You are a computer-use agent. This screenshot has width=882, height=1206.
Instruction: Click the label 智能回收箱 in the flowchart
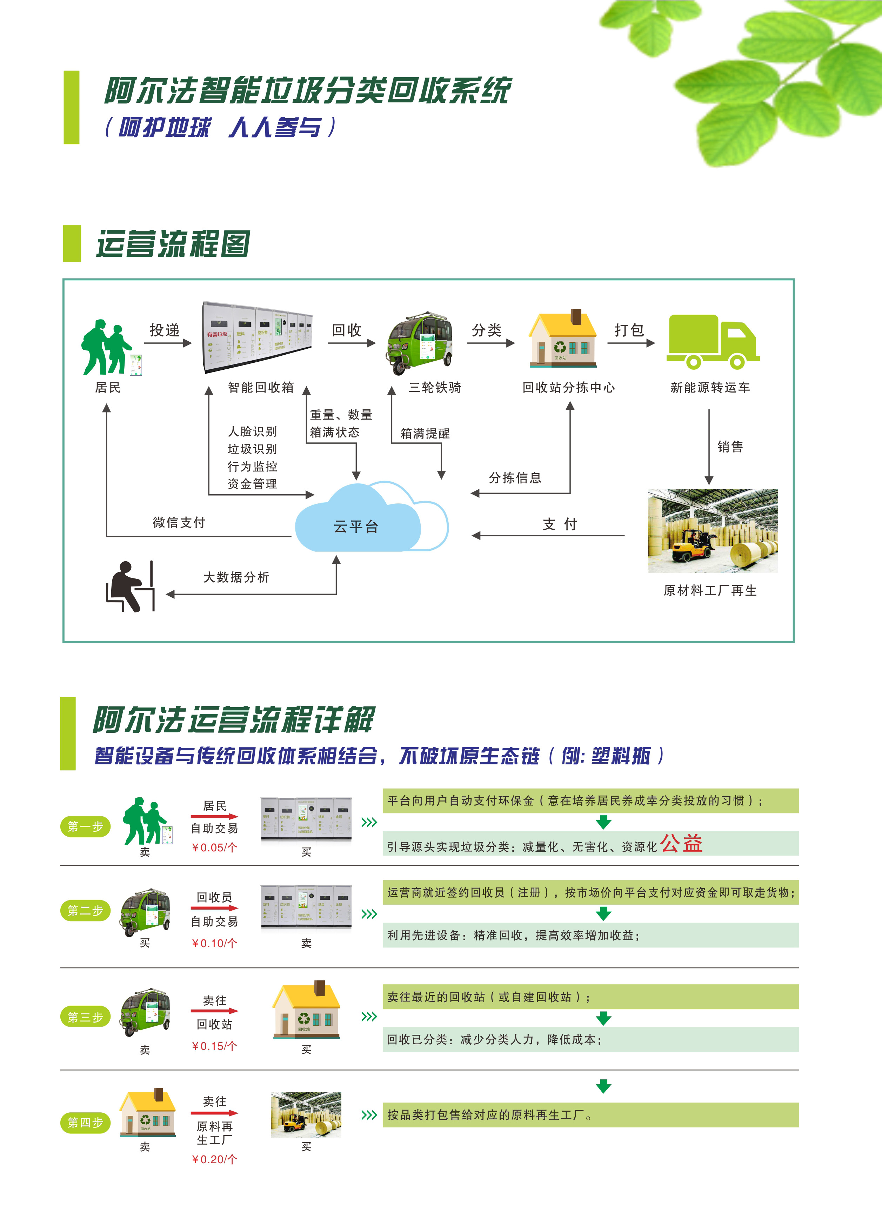(x=261, y=388)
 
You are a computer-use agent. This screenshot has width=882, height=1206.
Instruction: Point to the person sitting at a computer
(x=130, y=586)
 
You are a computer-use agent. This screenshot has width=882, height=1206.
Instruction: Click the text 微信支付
(x=179, y=523)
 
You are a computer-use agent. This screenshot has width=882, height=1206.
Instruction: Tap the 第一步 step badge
(x=85, y=826)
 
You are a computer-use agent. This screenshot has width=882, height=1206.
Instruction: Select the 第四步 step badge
(x=85, y=1123)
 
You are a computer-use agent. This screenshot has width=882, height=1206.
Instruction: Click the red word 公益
(x=681, y=844)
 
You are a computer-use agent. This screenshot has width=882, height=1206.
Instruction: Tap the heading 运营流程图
(x=173, y=244)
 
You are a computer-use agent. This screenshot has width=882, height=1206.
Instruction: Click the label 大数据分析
(x=236, y=577)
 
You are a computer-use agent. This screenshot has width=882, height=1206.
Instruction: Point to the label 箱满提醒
(x=425, y=434)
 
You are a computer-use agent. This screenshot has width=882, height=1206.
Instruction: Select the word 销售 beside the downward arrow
(x=730, y=447)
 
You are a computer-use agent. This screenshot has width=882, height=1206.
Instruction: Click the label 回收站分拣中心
(x=569, y=388)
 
